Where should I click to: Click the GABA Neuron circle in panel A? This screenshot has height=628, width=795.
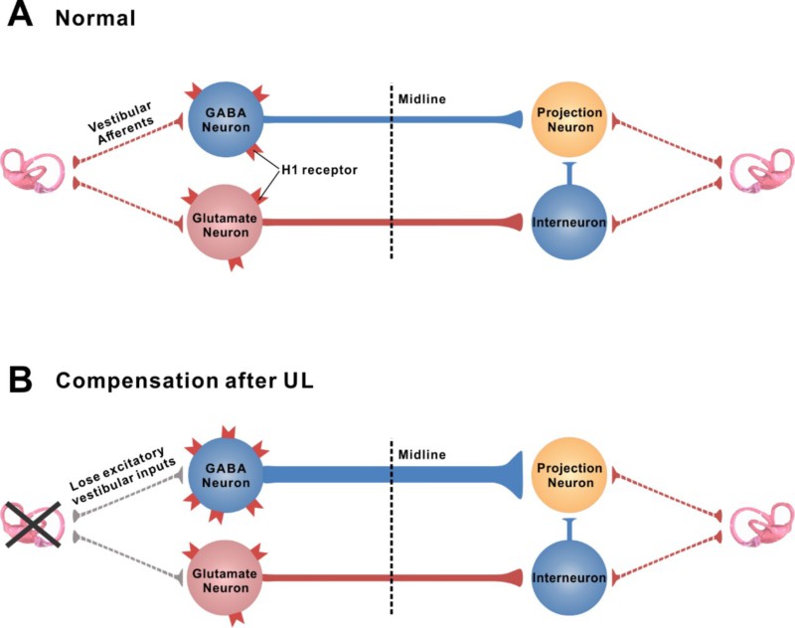coord(225,119)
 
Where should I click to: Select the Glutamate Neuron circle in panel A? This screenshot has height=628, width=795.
coord(225,219)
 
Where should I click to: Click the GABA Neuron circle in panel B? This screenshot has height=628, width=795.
coord(225,475)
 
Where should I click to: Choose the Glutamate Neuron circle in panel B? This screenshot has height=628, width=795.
coord(225,575)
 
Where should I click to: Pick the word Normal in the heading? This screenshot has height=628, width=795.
coord(94,18)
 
